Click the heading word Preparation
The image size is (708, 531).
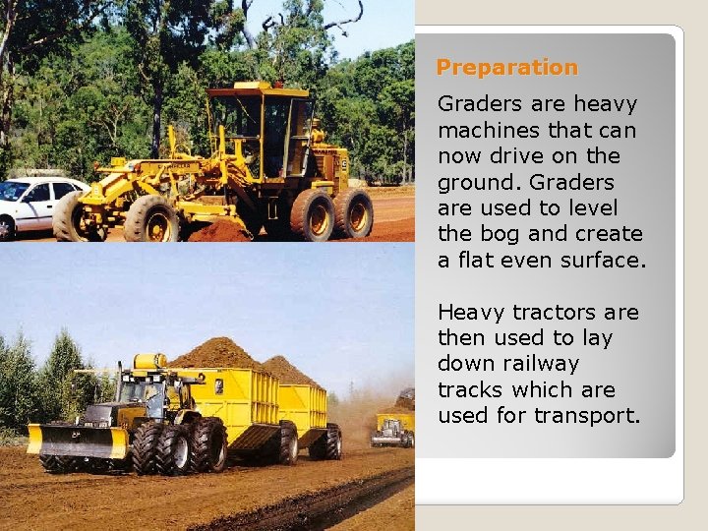(x=506, y=68)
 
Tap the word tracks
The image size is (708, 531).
(x=471, y=389)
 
